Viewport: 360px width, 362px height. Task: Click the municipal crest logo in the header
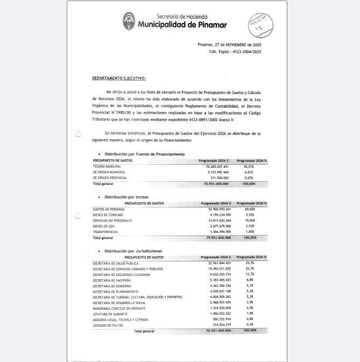(x=129, y=22)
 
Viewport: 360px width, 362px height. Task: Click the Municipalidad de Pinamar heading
(x=182, y=25)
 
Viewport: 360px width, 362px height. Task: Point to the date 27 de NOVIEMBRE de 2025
(x=237, y=44)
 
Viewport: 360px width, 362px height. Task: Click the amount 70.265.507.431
(x=215, y=167)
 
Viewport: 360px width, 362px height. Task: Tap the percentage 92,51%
(x=260, y=167)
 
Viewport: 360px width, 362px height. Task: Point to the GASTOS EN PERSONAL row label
(x=108, y=209)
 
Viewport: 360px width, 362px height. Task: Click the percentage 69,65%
(x=260, y=209)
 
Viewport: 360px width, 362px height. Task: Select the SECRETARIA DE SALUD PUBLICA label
(x=116, y=263)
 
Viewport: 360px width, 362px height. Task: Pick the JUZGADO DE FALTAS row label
(x=107, y=325)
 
